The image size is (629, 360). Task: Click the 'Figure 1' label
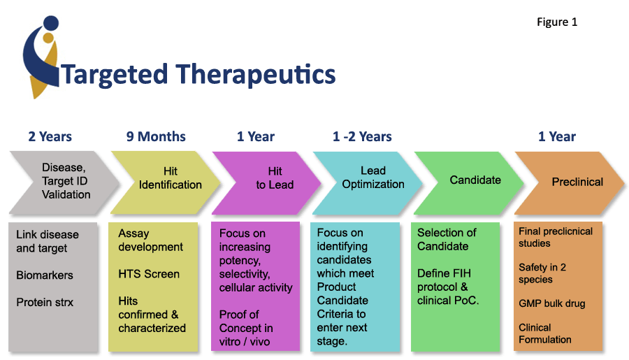tap(556, 22)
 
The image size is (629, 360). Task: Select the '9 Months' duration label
tap(156, 136)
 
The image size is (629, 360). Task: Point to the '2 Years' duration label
tap(50, 136)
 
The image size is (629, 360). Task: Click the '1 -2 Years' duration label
tap(362, 136)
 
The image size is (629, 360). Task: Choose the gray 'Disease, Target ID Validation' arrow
tap(63, 181)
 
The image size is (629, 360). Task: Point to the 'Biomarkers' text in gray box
tap(44, 275)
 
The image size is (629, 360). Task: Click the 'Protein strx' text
tap(45, 302)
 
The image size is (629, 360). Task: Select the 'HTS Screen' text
tap(149, 274)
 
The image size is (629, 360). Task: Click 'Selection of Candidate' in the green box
tap(447, 239)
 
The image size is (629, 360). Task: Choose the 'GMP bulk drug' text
tap(551, 303)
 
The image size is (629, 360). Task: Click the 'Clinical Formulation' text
tap(544, 333)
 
